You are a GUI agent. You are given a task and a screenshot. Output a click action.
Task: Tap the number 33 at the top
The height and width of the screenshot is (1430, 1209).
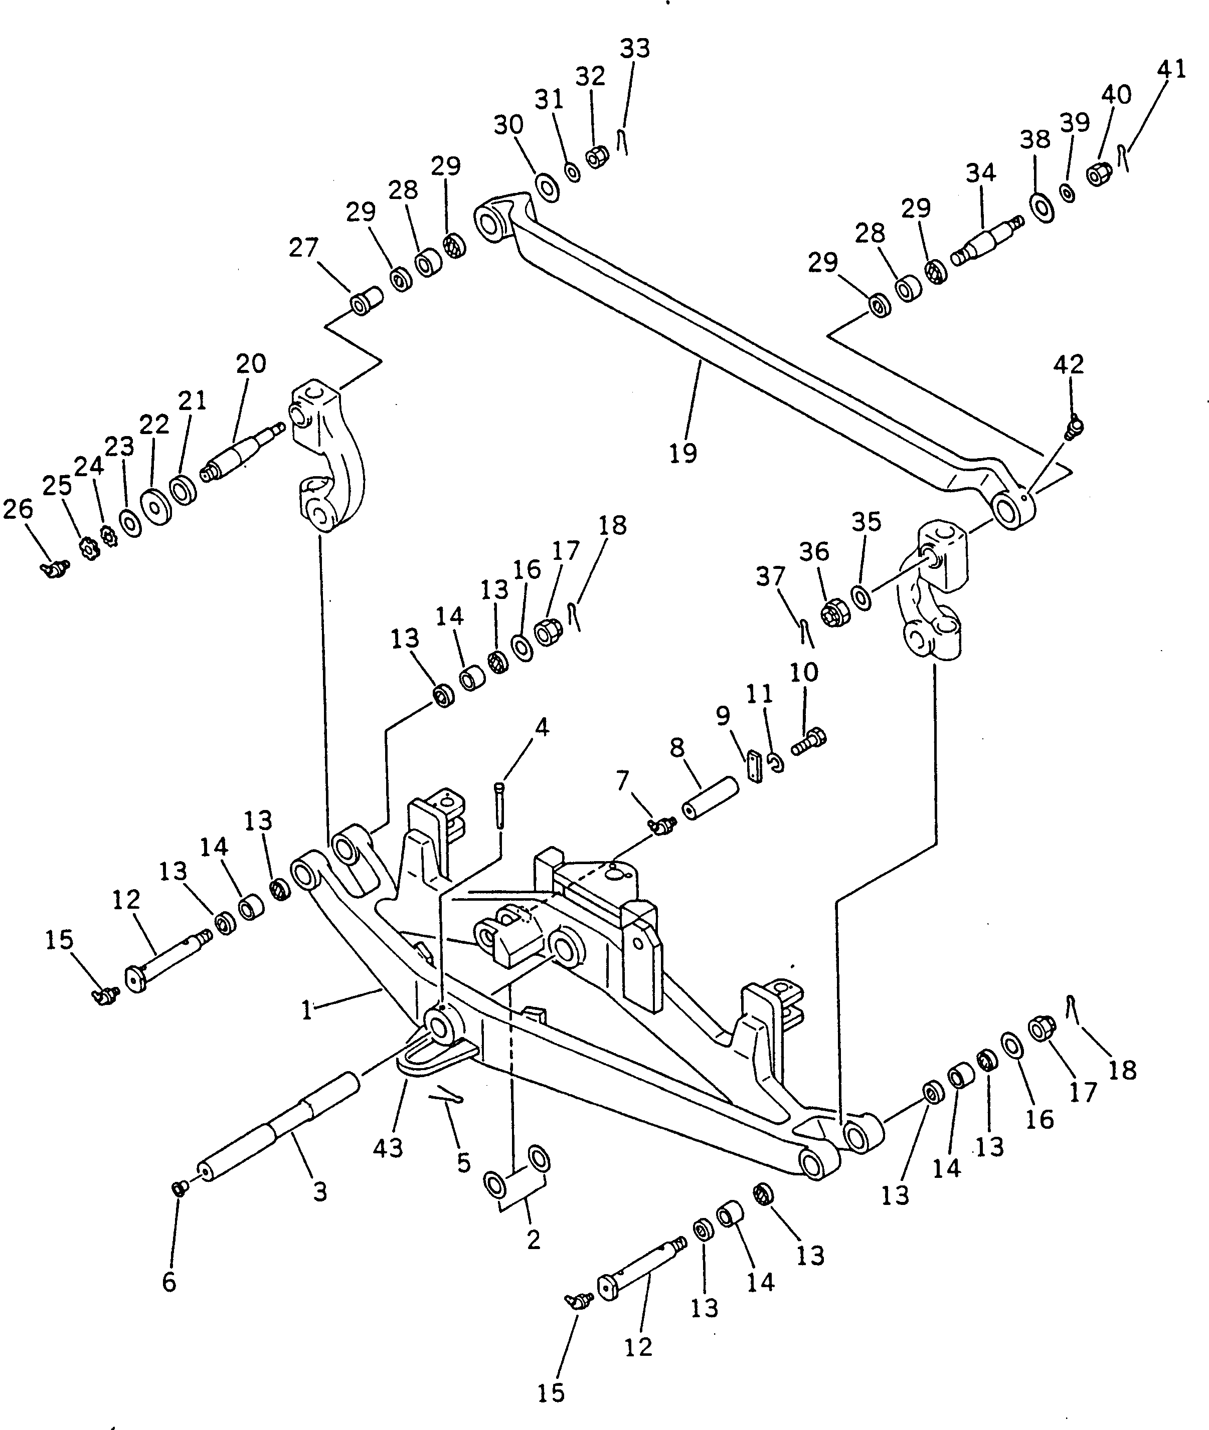click(x=635, y=49)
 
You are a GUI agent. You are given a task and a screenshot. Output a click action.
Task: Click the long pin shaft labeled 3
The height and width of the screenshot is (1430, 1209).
click(x=278, y=1133)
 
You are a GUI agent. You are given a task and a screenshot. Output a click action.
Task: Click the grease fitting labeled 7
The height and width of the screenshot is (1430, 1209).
click(x=662, y=827)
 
